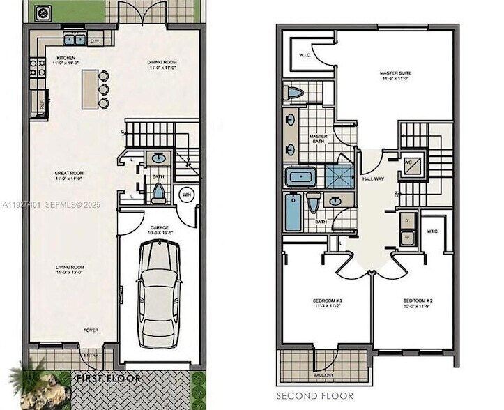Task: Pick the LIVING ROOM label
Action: point(70,267)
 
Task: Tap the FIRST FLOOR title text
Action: point(109,379)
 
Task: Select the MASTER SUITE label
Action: point(394,73)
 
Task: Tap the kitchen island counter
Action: point(89,89)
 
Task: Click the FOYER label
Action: point(91,330)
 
